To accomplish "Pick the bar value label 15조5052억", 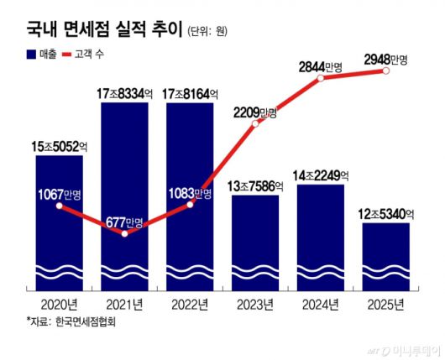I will coord(59,146).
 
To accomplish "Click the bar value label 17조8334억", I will coord(124,91).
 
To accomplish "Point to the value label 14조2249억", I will coord(321,176).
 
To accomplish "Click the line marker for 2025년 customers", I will coord(386,72).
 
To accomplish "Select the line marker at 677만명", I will coord(125,233).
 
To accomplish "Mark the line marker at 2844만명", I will coord(320,80).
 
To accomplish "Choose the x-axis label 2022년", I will coord(190,303).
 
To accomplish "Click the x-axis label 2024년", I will coord(321,303).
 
